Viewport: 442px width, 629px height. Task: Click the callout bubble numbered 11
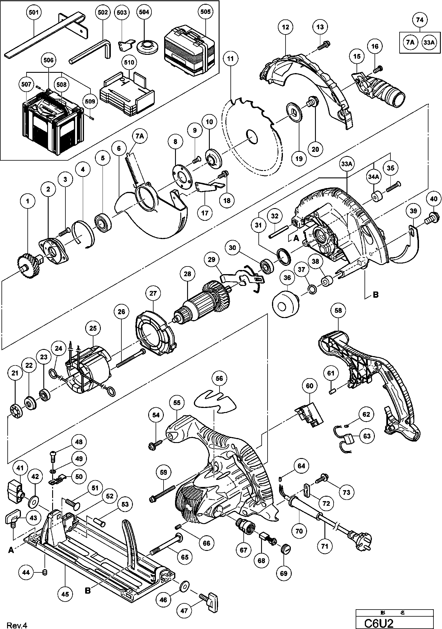pyautogui.click(x=230, y=59)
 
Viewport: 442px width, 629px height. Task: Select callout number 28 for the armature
pyautogui.click(x=187, y=274)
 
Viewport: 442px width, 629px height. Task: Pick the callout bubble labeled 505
pyautogui.click(x=205, y=12)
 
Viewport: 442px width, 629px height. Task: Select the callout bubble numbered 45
pyautogui.click(x=65, y=594)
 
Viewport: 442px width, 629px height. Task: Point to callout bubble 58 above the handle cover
pyautogui.click(x=338, y=310)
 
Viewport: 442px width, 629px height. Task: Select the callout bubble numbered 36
pyautogui.click(x=287, y=278)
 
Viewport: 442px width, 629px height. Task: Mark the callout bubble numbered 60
pyautogui.click(x=310, y=386)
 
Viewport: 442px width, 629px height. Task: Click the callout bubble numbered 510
pyautogui.click(x=129, y=62)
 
